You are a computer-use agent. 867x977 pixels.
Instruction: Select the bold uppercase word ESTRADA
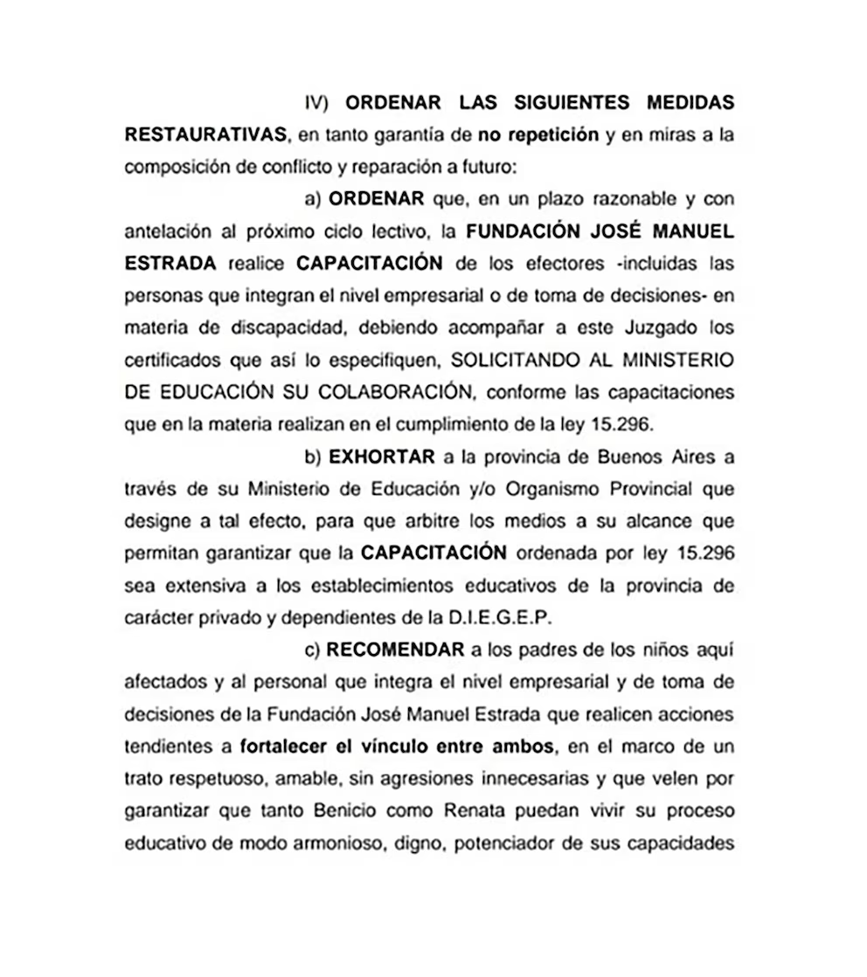[171, 263]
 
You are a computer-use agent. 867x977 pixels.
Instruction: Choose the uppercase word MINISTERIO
[673, 359]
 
